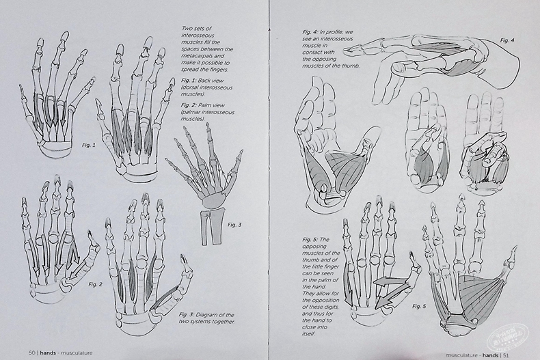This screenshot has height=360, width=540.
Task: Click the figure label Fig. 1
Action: tap(89, 145)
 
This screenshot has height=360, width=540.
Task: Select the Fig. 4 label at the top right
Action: tap(507, 40)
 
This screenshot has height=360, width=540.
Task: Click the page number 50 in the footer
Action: tap(31, 352)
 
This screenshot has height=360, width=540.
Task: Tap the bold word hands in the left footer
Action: tap(49, 352)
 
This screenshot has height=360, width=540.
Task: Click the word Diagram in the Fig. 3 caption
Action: tap(211, 314)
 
